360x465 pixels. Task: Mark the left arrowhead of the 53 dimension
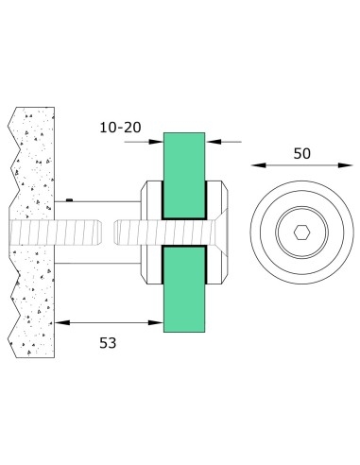(x=59, y=322)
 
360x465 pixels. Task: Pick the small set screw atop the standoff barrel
(x=72, y=201)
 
